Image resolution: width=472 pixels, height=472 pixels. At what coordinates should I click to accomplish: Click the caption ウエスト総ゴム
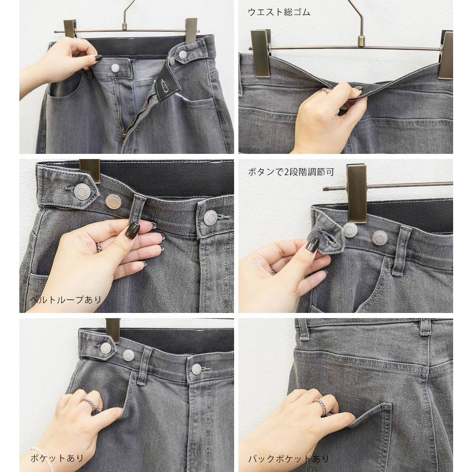279,12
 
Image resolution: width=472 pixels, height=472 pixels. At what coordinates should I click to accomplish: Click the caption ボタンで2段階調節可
291,172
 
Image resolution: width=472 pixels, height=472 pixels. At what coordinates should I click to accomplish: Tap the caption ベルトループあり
66,300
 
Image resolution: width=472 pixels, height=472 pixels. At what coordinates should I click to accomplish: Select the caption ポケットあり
57,458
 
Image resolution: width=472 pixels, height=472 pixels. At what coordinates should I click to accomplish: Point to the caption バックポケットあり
288,459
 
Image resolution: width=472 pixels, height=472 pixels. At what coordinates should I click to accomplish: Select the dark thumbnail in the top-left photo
98,58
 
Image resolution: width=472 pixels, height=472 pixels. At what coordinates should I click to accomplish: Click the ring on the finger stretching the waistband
325,90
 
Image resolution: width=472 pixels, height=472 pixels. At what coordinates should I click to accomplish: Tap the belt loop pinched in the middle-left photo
137,209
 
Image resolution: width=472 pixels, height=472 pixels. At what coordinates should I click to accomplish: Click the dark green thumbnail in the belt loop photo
133,231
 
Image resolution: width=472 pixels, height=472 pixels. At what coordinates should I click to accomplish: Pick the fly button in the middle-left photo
210,218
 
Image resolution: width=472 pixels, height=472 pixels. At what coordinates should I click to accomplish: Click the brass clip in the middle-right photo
357,193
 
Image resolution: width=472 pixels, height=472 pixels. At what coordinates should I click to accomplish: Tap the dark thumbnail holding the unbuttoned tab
312,245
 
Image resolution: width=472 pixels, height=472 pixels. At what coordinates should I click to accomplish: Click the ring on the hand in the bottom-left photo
89,404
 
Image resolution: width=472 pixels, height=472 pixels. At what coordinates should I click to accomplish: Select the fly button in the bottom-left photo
196,369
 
